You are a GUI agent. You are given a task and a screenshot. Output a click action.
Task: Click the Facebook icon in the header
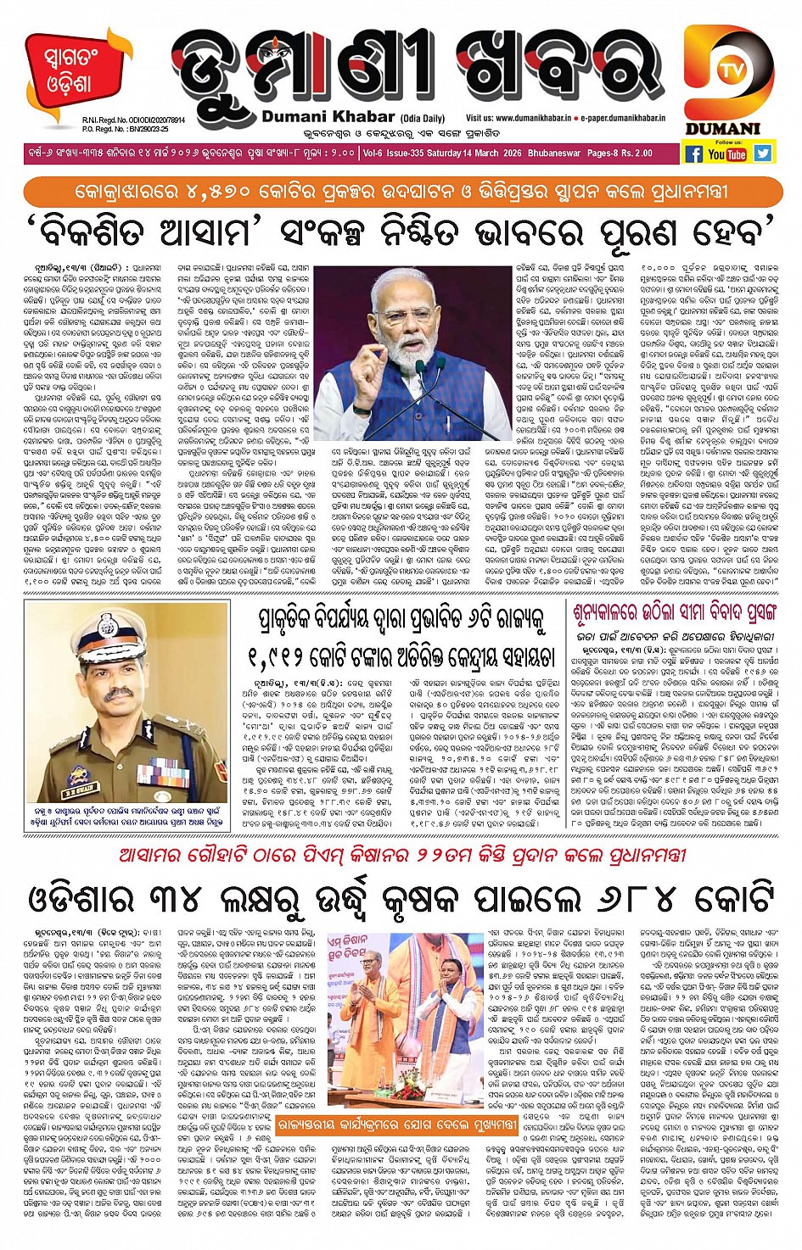[693, 153]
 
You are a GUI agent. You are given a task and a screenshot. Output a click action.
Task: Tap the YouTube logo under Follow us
[727, 154]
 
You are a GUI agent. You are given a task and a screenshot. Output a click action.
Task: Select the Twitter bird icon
[762, 153]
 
